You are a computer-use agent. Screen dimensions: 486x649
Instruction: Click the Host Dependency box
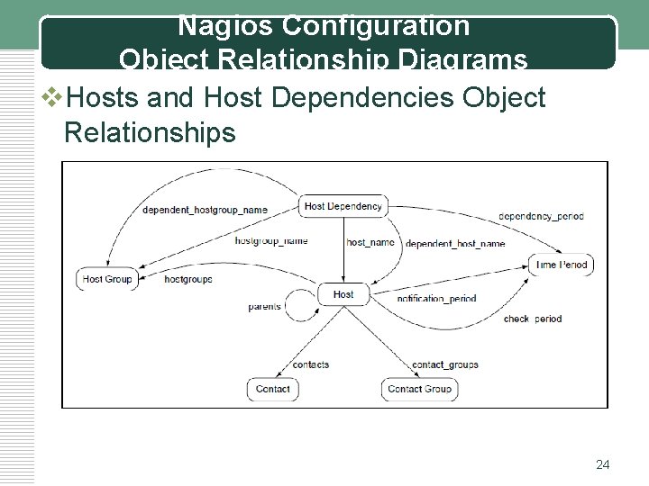click(343, 206)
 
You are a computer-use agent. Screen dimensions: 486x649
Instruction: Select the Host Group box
click(107, 279)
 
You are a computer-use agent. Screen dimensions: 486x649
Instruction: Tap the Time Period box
click(561, 265)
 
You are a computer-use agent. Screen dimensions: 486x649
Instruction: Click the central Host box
click(343, 294)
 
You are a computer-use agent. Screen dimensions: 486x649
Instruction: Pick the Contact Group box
click(419, 389)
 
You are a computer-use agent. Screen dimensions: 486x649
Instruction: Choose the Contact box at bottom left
click(272, 389)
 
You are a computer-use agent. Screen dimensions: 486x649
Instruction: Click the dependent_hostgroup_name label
click(205, 210)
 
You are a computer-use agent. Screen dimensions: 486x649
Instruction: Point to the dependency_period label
click(541, 216)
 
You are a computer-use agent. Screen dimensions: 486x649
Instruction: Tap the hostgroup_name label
click(271, 241)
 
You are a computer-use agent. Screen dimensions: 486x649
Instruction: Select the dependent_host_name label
click(455, 244)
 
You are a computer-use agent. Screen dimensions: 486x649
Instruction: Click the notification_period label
click(436, 298)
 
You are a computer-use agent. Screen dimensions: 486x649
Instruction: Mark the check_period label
click(532, 319)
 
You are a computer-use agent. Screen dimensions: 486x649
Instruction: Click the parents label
click(265, 307)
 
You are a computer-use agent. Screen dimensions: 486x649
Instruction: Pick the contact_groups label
click(444, 364)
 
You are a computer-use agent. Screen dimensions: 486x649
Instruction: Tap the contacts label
click(311, 364)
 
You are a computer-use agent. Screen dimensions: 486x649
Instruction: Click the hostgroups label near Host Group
click(188, 279)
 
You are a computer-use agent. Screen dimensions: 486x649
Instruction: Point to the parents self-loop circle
click(298, 306)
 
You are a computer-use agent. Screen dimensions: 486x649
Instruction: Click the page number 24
click(603, 464)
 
